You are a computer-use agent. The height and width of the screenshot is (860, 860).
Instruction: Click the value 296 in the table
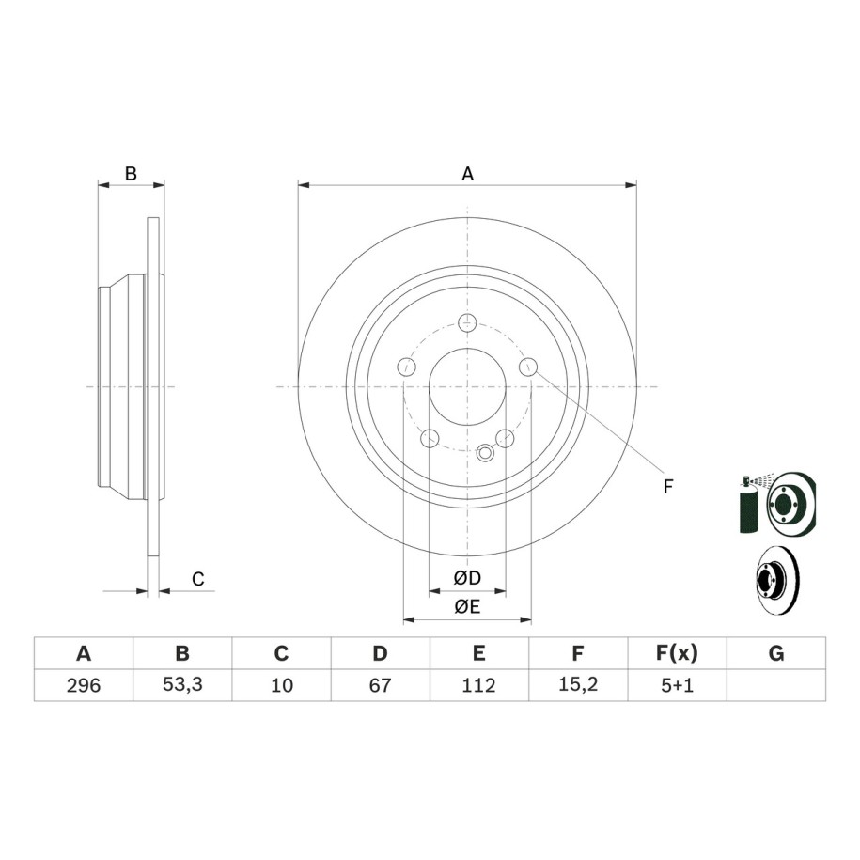[84, 685]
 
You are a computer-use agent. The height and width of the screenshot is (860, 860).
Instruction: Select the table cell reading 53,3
[182, 684]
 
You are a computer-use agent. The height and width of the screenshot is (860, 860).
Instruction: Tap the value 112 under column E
[478, 685]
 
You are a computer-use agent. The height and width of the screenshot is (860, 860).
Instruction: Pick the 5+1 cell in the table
[678, 685]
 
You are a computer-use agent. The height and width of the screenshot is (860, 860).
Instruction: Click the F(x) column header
[677, 653]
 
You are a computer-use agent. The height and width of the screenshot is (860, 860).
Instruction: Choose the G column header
[776, 653]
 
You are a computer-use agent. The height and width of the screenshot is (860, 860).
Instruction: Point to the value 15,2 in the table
[577, 684]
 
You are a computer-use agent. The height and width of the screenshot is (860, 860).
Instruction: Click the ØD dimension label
[467, 577]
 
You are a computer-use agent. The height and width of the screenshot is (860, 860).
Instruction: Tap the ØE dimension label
[467, 606]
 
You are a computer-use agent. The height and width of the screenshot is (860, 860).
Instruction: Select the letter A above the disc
[467, 174]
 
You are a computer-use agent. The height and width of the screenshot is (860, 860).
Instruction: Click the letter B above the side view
[131, 174]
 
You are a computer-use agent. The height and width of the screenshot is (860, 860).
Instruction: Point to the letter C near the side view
[198, 579]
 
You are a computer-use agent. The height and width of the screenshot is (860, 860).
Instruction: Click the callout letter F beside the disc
[667, 486]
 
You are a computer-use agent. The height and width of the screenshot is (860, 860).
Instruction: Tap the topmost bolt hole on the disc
[467, 322]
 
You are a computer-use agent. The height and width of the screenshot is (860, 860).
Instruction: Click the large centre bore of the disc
[467, 386]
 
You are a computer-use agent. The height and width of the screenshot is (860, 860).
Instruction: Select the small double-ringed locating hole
[485, 453]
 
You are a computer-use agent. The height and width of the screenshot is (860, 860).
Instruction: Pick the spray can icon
[748, 504]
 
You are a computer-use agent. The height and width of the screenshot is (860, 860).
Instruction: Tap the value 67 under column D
[380, 685]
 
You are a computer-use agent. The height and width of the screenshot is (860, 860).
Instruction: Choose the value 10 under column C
[282, 685]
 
